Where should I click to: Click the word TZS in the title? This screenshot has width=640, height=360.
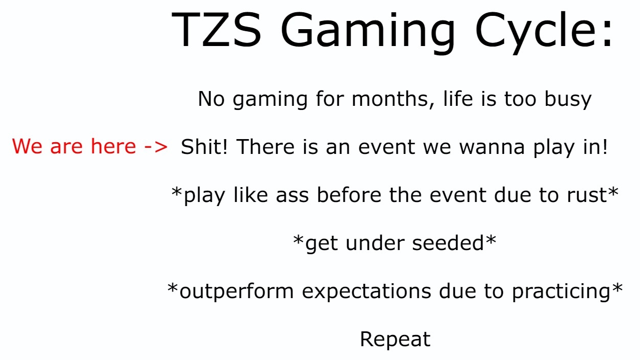(x=216, y=30)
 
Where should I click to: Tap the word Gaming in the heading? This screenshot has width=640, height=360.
(x=368, y=33)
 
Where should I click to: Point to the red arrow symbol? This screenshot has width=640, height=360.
(x=156, y=147)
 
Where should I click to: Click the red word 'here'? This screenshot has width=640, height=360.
(x=113, y=146)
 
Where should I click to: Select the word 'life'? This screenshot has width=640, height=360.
(x=458, y=99)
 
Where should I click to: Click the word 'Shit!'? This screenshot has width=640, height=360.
(x=204, y=147)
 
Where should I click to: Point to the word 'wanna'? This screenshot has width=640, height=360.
(x=492, y=148)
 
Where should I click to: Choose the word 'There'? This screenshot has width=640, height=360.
(x=265, y=147)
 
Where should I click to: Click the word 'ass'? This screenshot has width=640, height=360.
(x=292, y=196)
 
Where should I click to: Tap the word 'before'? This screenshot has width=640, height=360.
(x=349, y=194)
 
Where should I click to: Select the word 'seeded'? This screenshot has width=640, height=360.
(x=448, y=243)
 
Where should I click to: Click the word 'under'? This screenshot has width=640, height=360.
(x=375, y=243)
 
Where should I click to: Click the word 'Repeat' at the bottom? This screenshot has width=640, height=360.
(x=395, y=340)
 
